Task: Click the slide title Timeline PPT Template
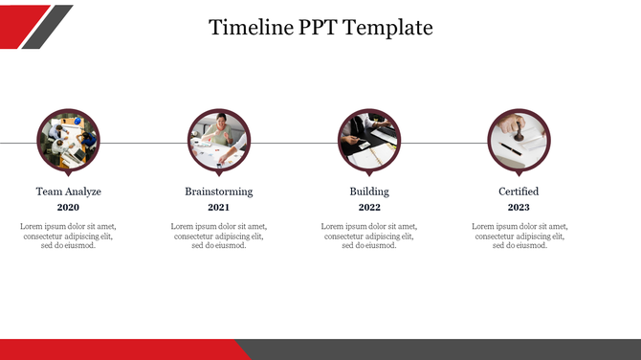coord(320,28)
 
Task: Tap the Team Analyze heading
coord(68,191)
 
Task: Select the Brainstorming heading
coord(219,191)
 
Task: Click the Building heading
coord(369,191)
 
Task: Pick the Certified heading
coord(519,191)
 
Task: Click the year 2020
coord(68,208)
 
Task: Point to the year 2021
coord(219,208)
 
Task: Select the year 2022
coord(369,208)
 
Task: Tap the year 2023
coord(519,208)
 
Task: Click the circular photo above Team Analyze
coord(68,141)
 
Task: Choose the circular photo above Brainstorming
coord(219,141)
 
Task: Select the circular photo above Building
coord(369,141)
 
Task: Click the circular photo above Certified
coord(519,141)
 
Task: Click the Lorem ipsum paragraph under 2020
coord(68,236)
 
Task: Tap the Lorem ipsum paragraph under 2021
coord(219,236)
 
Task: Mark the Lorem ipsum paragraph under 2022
coord(369,236)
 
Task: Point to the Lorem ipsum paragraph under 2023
coord(519,236)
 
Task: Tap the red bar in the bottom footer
coord(115,349)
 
